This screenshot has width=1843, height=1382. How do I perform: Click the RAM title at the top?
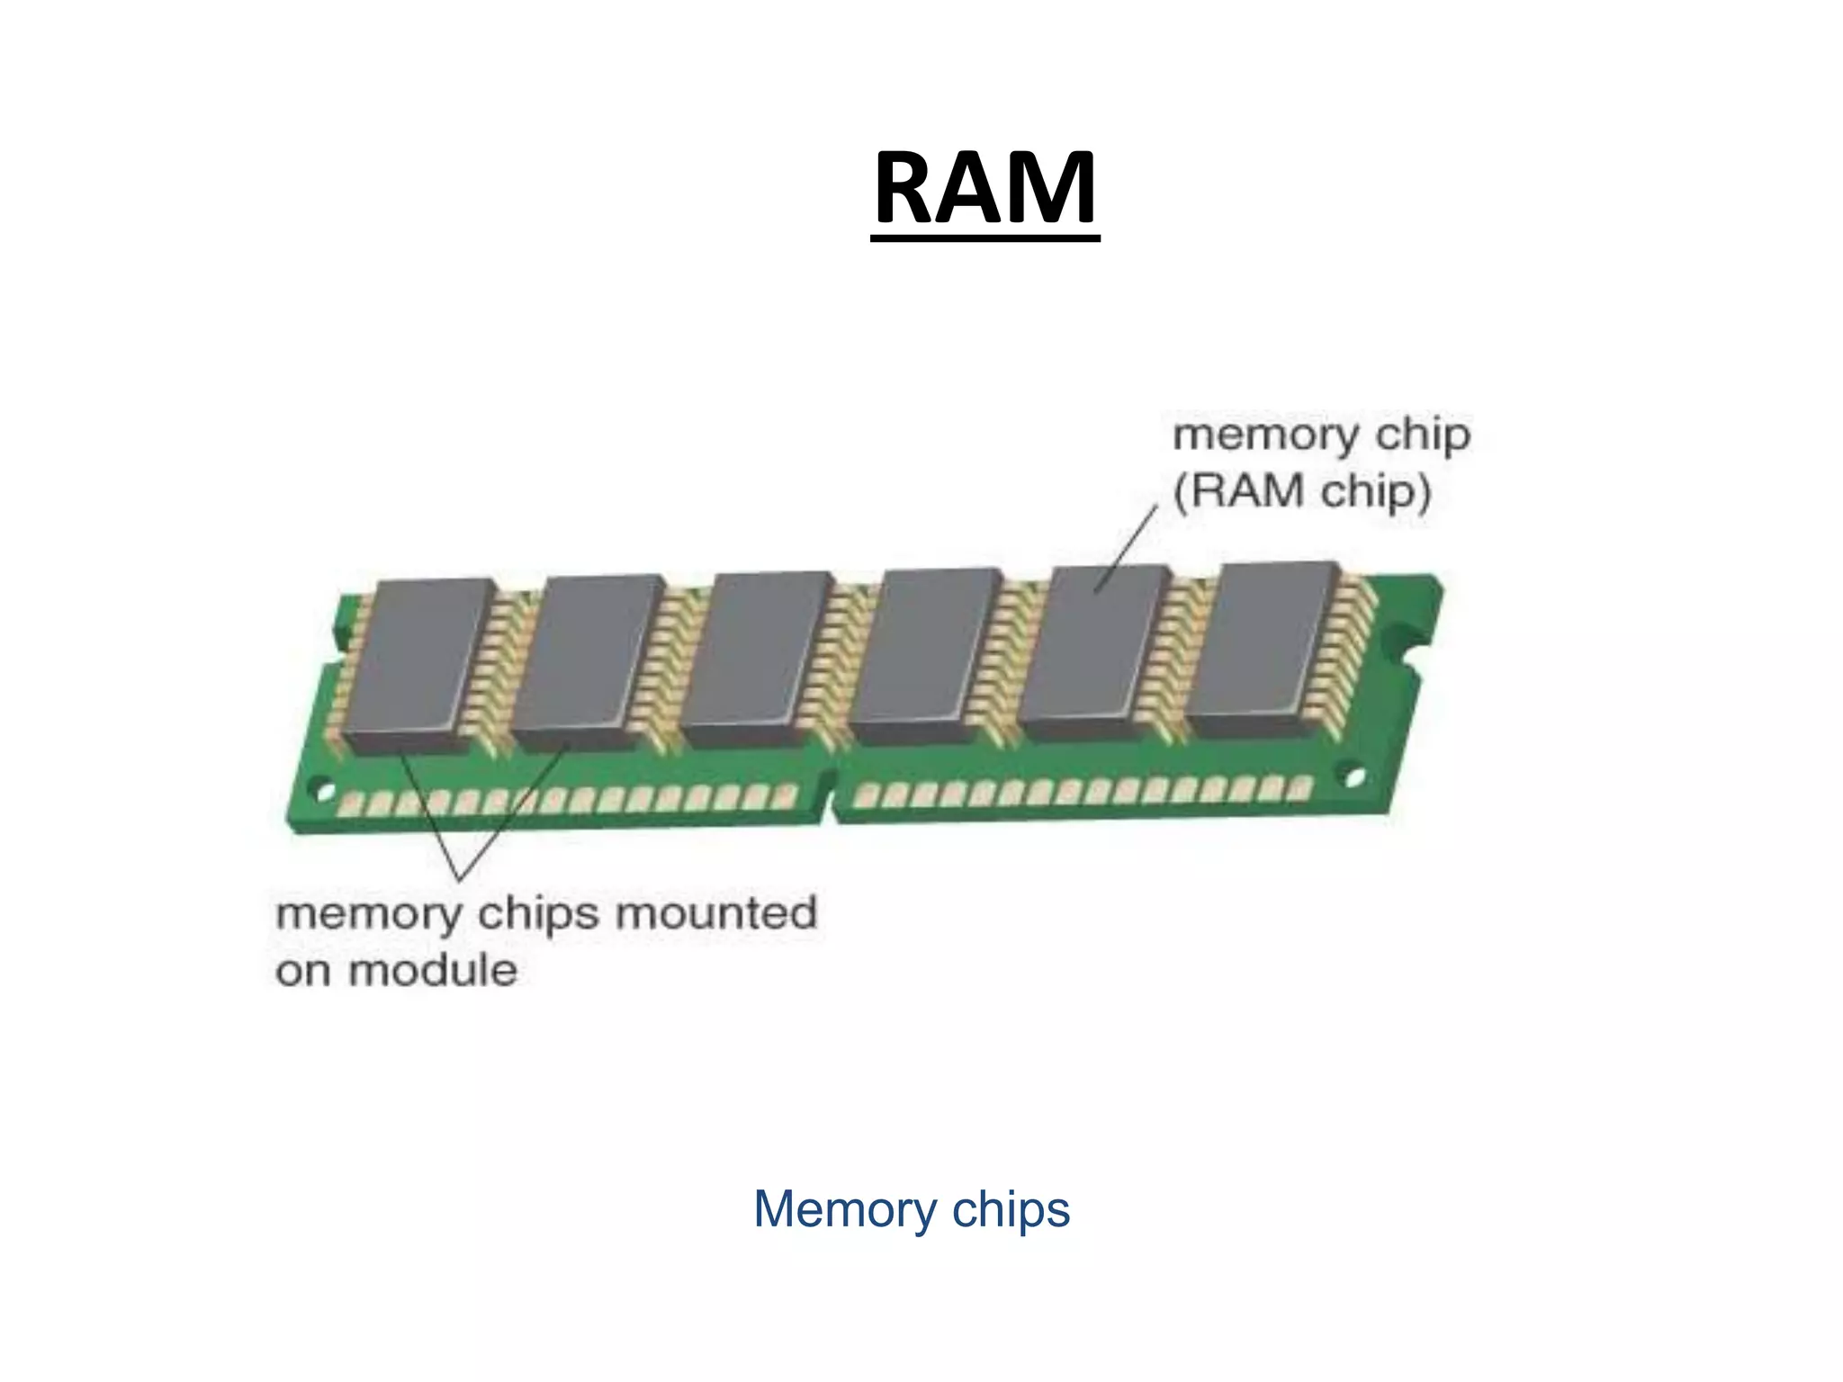[x=985, y=189]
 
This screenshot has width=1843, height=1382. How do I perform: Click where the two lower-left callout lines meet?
[x=462, y=878]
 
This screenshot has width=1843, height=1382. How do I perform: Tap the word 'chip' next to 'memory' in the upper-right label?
[x=1424, y=436]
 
